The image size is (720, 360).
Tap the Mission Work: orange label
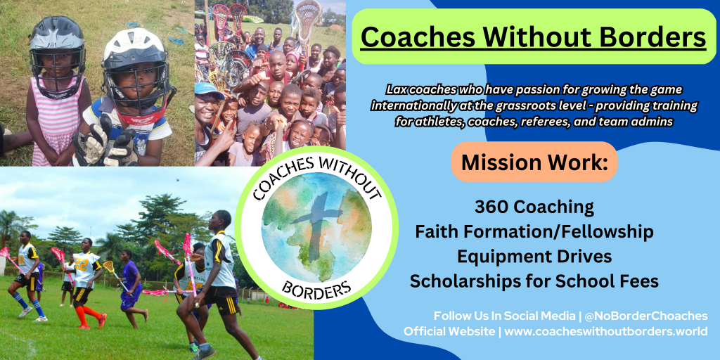[534, 162]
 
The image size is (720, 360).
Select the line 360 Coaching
[534, 207]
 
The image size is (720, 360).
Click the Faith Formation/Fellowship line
[534, 232]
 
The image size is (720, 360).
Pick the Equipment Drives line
[534, 257]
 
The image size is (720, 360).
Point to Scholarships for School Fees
[534, 281]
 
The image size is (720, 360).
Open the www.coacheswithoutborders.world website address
[606, 332]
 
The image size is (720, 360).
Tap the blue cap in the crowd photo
[209, 89]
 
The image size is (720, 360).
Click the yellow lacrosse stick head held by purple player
[108, 266]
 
